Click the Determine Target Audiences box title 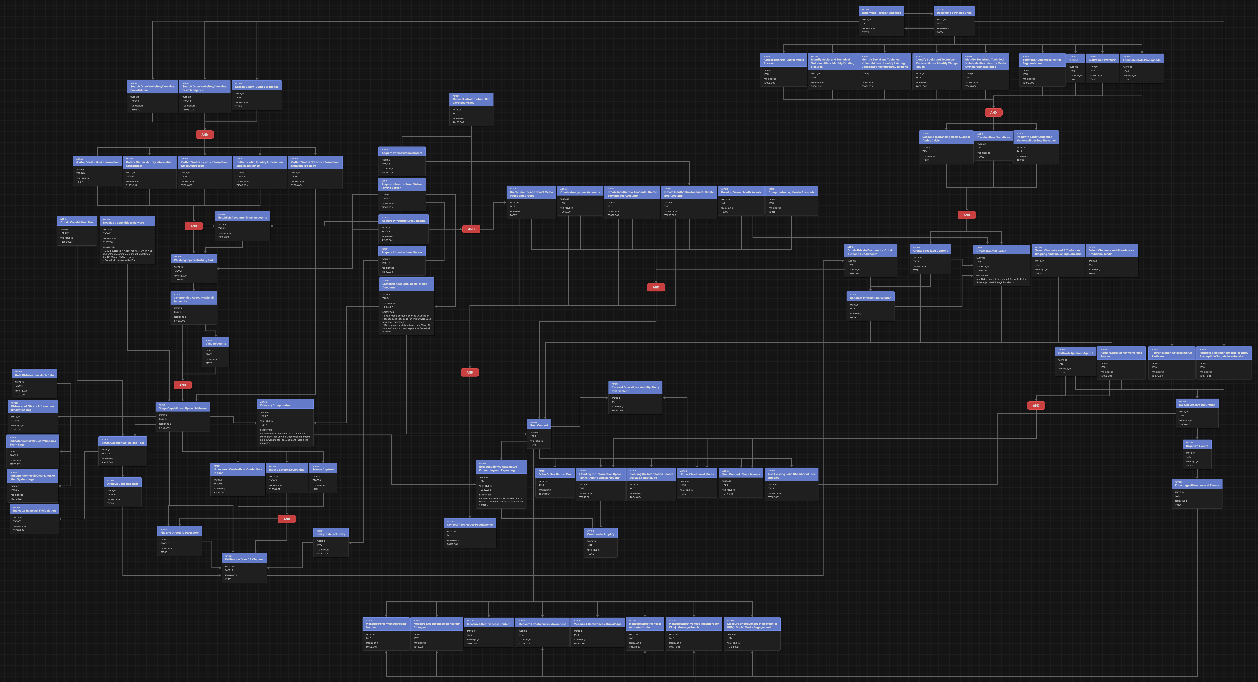[881, 13]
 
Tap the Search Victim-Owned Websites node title [256, 87]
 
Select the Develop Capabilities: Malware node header [127, 222]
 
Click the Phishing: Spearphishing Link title [193, 260]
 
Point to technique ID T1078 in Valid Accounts [209, 363]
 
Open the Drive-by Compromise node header [285, 405]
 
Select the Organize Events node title [1196, 446]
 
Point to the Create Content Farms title [1001, 251]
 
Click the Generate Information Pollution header [870, 298]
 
